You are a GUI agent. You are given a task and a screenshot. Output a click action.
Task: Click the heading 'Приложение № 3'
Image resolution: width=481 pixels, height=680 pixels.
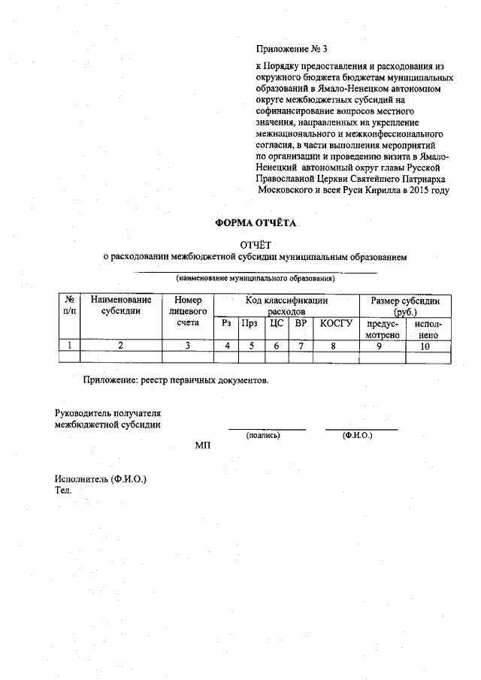tap(292, 50)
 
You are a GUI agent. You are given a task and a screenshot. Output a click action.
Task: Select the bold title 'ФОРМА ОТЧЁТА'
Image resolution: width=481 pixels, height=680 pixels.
tap(256, 223)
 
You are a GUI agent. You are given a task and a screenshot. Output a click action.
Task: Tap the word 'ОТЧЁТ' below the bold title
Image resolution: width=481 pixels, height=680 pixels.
tap(256, 243)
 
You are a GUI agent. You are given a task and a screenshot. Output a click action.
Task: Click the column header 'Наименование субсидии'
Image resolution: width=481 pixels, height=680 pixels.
tap(120, 306)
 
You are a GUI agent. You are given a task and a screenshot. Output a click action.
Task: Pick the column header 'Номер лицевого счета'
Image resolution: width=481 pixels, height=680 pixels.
tap(188, 311)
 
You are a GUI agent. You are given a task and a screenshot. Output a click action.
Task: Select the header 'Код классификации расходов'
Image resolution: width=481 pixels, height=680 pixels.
tap(286, 305)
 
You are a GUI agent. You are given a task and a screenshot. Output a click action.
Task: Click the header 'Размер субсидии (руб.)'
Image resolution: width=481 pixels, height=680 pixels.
tap(406, 305)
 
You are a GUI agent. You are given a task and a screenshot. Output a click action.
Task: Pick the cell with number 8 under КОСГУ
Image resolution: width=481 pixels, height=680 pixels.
tap(336, 346)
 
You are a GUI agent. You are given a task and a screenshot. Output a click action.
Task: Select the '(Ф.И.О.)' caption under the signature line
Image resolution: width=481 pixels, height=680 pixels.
tap(357, 435)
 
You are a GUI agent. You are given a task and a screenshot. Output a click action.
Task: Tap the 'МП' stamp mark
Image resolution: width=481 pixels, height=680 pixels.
tap(203, 446)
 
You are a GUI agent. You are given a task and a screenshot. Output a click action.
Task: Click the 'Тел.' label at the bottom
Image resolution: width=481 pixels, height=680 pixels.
tap(62, 490)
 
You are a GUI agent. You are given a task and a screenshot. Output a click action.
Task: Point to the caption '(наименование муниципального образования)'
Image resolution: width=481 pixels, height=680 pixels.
tap(256, 278)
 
